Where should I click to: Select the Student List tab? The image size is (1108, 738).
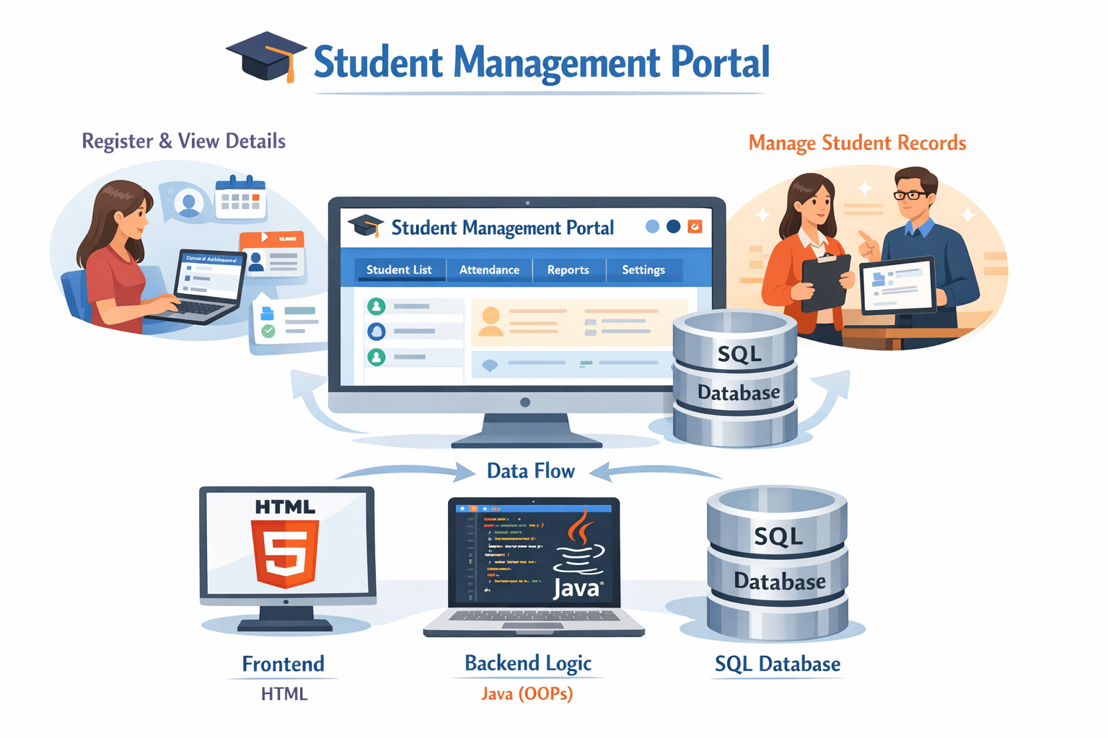tap(399, 270)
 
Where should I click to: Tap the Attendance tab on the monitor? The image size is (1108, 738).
tap(489, 270)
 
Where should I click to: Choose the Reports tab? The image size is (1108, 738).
tap(568, 270)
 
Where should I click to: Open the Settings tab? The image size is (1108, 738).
tap(643, 270)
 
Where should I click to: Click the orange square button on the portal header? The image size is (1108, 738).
tap(695, 226)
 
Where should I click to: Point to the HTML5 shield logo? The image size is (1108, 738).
tap(285, 553)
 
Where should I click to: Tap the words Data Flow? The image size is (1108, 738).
tap(530, 471)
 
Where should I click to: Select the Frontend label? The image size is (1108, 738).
tap(283, 664)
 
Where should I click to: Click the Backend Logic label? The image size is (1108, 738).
tap(528, 663)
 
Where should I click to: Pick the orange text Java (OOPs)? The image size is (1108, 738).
tap(527, 694)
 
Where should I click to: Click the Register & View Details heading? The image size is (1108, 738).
tap(183, 141)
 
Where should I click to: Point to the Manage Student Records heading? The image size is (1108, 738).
tap(857, 143)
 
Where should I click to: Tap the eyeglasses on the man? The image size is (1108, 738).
tap(911, 195)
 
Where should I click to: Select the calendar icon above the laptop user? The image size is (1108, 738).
tap(241, 197)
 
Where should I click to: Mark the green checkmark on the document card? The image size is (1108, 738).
tap(268, 331)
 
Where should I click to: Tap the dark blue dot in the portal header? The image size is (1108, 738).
tap(673, 226)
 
